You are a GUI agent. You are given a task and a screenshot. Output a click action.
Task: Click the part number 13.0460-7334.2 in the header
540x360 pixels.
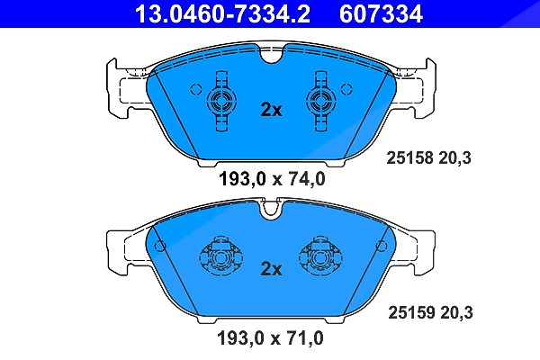(x=222, y=13)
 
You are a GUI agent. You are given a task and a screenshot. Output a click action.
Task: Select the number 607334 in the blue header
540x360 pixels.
(x=381, y=13)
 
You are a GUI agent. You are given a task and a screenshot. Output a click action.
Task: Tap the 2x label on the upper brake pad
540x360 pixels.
(x=271, y=110)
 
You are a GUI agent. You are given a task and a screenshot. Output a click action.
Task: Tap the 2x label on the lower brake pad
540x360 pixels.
(x=271, y=269)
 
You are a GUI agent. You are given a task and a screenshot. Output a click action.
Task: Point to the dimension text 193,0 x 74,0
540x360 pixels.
(x=272, y=179)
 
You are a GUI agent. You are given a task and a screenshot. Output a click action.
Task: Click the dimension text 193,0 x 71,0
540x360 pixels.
(x=270, y=338)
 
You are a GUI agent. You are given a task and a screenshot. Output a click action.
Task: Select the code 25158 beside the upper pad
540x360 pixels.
(x=409, y=157)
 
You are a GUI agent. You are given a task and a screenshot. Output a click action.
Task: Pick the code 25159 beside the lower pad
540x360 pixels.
(x=411, y=312)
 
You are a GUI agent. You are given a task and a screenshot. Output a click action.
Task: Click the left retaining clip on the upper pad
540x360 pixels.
(x=221, y=102)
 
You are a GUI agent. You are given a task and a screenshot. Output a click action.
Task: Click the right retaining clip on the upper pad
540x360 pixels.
(x=321, y=102)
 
